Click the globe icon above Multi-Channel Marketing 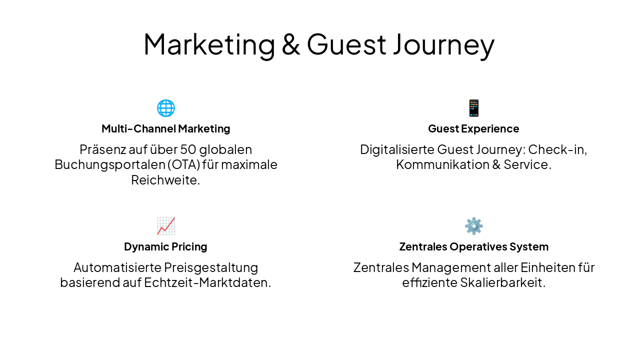pyautogui.click(x=165, y=108)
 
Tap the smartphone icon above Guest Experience pyautogui.click(x=473, y=108)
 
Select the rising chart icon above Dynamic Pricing pyautogui.click(x=165, y=226)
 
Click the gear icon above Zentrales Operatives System pyautogui.click(x=473, y=226)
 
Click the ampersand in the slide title pyautogui.click(x=290, y=44)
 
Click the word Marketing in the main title pyautogui.click(x=209, y=44)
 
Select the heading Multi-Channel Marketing pyautogui.click(x=165, y=128)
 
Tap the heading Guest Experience pyautogui.click(x=473, y=128)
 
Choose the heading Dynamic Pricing pyautogui.click(x=165, y=246)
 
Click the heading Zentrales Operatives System pyautogui.click(x=473, y=246)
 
